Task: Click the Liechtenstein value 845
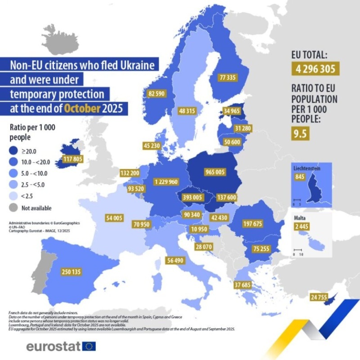pos(300,177)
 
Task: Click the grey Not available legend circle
pos(14,208)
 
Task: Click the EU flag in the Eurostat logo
pos(89,346)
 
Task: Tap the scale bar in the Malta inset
pos(297,250)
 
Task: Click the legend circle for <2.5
pos(14,196)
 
